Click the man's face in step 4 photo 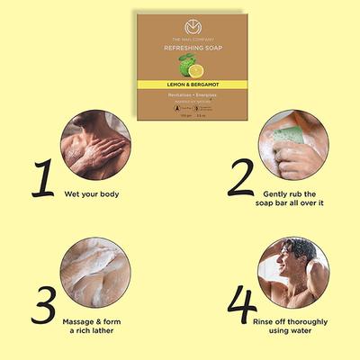286,255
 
